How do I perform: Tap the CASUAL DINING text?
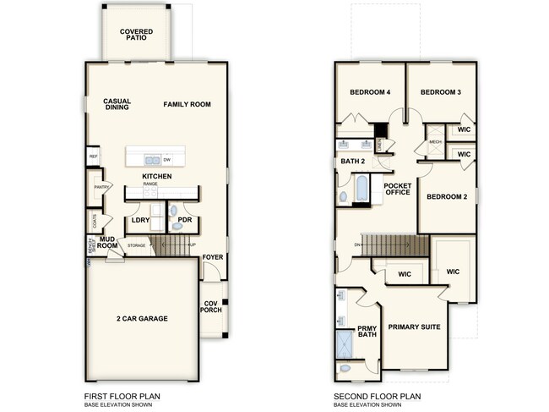click(x=117, y=104)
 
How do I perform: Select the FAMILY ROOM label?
click(x=187, y=104)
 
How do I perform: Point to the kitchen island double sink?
click(x=152, y=159)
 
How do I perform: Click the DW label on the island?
click(x=167, y=159)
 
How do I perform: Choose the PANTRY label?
click(x=103, y=187)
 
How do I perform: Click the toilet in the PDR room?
click(x=174, y=210)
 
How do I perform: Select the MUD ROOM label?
click(x=106, y=242)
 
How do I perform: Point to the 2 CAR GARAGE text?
click(x=142, y=319)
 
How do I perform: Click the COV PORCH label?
click(x=212, y=306)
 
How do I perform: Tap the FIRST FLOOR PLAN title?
click(x=122, y=395)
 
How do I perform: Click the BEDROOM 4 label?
click(x=369, y=92)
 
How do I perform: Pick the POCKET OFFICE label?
click(x=397, y=189)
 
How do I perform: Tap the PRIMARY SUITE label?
click(x=414, y=327)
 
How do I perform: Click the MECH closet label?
click(x=435, y=142)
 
